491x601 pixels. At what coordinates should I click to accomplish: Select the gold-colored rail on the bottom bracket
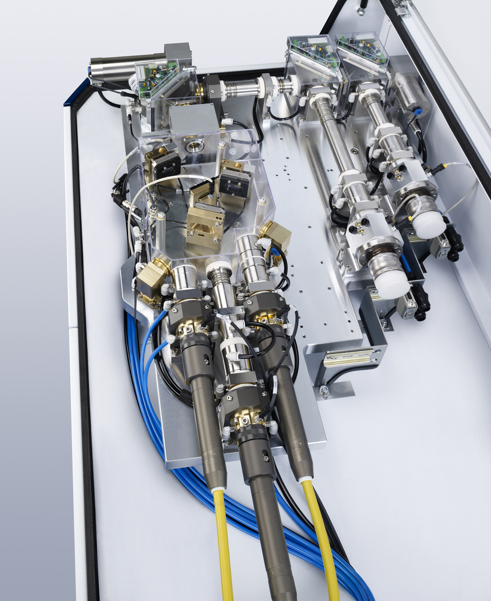coord(345,358)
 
